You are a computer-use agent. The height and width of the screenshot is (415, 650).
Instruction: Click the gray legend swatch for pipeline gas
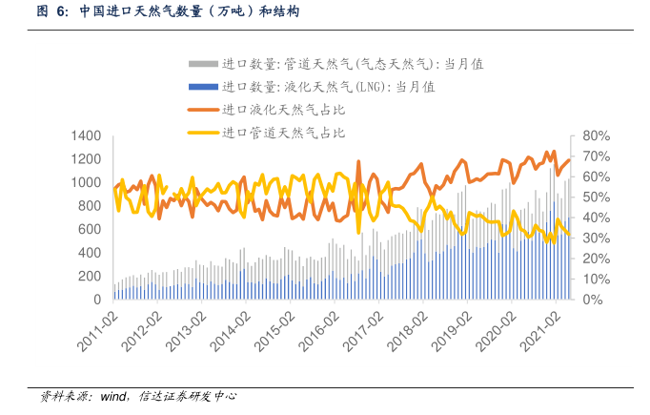(x=203, y=64)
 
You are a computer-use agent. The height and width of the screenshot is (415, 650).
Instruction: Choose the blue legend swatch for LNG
(x=203, y=87)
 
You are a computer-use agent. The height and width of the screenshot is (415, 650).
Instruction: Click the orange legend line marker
(x=203, y=110)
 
